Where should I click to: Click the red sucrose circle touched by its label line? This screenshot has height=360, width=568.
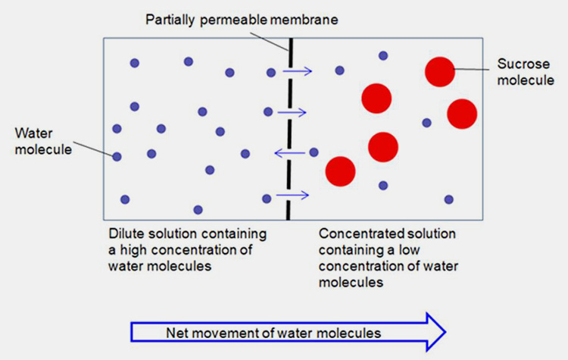click(x=440, y=71)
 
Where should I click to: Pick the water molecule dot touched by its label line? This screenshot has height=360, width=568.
click(x=117, y=157)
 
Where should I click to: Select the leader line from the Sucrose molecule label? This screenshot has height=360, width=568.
click(x=473, y=69)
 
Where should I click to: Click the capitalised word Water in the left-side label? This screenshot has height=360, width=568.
click(x=32, y=133)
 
